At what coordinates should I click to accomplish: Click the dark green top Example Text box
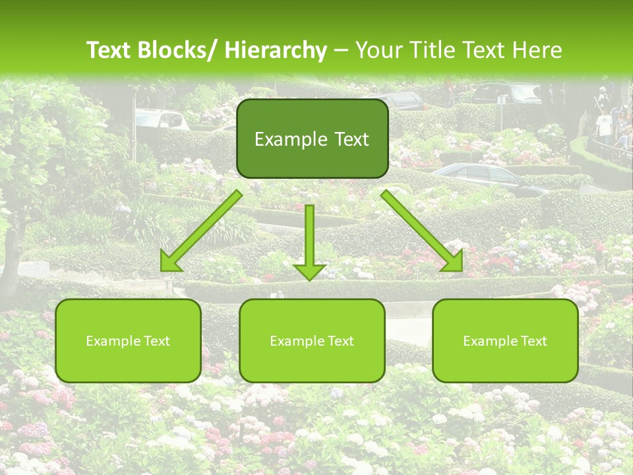coord(312,139)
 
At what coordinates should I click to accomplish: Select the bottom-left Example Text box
coord(128,340)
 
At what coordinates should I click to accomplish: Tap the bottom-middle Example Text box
coord(312,340)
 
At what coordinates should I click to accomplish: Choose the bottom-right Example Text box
coord(505,340)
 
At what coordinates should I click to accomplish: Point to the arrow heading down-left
coord(202,231)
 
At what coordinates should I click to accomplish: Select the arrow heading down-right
coord(422,231)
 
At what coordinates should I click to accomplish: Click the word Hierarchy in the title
coord(276,50)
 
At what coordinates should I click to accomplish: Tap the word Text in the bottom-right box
coord(534,341)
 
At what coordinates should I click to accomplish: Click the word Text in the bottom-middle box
coord(340,341)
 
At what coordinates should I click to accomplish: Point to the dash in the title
coord(341,50)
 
